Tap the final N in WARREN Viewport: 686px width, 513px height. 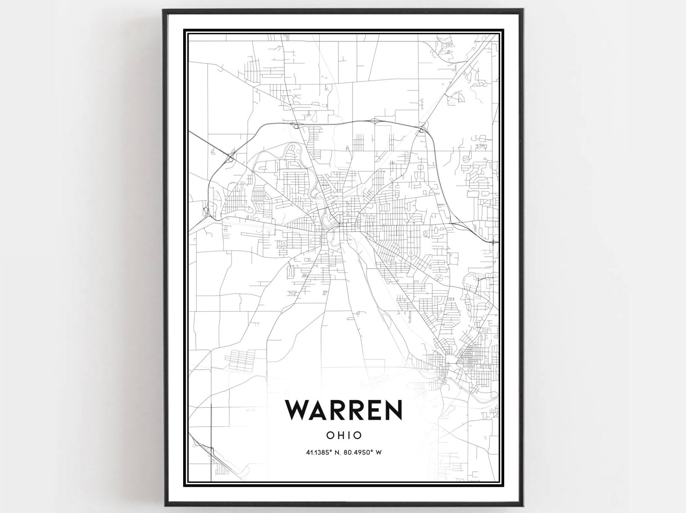392,409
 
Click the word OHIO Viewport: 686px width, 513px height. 344,435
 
